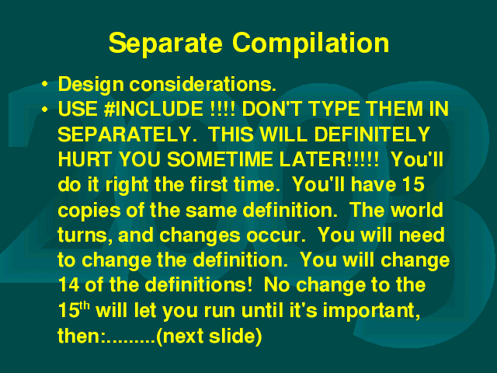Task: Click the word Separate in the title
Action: click(165, 44)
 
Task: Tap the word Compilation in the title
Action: click(311, 44)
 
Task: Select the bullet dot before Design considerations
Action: click(45, 84)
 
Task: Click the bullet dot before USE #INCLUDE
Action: click(45, 110)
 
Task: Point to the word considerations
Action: click(203, 85)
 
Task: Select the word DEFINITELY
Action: click(372, 134)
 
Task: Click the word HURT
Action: click(85, 159)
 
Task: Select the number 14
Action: click(69, 284)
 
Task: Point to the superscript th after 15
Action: click(85, 305)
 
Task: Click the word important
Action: click(371, 311)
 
